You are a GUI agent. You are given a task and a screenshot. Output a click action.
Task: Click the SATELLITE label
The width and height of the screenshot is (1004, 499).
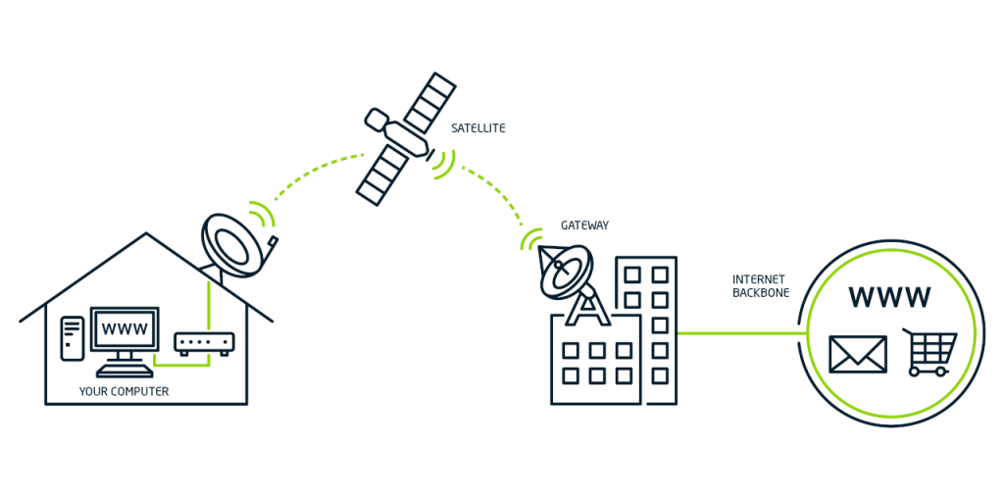pyautogui.click(x=478, y=128)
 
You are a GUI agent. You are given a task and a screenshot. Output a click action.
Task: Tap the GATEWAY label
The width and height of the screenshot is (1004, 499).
pyautogui.click(x=584, y=225)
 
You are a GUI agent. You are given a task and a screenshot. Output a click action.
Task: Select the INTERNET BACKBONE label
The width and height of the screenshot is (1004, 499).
pyautogui.click(x=761, y=286)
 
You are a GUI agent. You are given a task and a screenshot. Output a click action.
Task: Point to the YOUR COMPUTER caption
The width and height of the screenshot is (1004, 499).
pyautogui.click(x=124, y=392)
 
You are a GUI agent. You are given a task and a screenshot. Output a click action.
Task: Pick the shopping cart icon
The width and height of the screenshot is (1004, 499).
pyautogui.click(x=929, y=352)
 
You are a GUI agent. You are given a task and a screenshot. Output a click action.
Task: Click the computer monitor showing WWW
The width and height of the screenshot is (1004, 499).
pyautogui.click(x=125, y=330)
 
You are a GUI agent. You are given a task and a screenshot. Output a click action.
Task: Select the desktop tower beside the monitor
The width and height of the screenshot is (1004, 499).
pyautogui.click(x=72, y=338)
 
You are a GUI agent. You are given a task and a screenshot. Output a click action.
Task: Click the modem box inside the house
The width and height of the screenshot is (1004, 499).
pyautogui.click(x=204, y=344)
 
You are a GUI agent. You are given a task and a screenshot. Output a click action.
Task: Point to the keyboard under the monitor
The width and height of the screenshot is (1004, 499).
pyautogui.click(x=124, y=372)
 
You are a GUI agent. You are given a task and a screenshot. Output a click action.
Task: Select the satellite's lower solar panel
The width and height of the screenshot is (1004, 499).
pyautogui.click(x=380, y=174)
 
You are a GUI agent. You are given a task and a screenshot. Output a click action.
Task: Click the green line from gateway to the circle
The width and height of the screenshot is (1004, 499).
pyautogui.click(x=740, y=333)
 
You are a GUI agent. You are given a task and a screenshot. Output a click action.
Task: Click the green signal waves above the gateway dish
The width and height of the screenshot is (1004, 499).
pyautogui.click(x=532, y=238)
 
